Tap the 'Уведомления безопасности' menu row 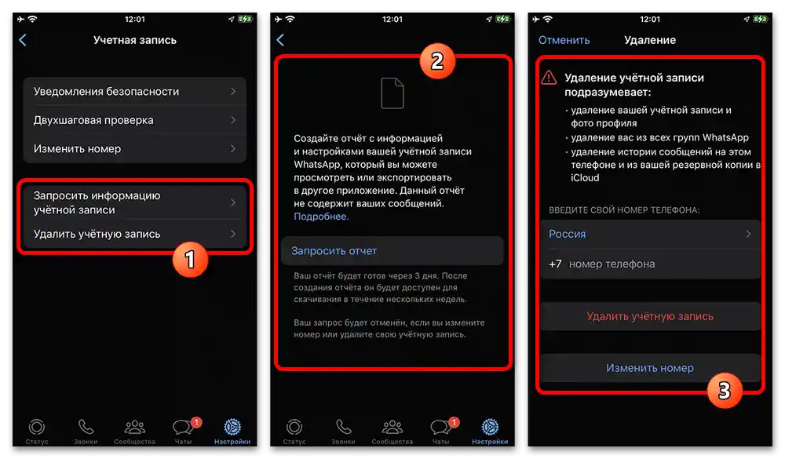coord(134,92)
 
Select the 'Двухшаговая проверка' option coord(134,120)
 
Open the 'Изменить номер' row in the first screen coord(134,148)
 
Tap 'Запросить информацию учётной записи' coord(134,202)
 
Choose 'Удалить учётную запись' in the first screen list coord(134,234)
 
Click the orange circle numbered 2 coord(437,61)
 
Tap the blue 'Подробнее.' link coord(321,217)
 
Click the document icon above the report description coord(392,93)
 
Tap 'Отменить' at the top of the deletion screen coord(564,40)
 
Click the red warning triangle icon coord(548,78)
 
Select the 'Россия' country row coord(650,234)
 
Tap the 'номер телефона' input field coord(659,264)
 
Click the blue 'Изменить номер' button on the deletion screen coord(650,368)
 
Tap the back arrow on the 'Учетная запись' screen coord(23,40)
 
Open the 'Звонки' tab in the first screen coord(86,430)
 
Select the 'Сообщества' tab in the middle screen coord(392,430)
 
